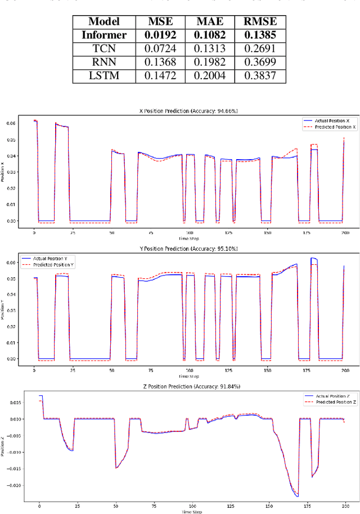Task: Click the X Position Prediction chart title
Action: coord(188,112)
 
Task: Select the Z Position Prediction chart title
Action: coord(188,386)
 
